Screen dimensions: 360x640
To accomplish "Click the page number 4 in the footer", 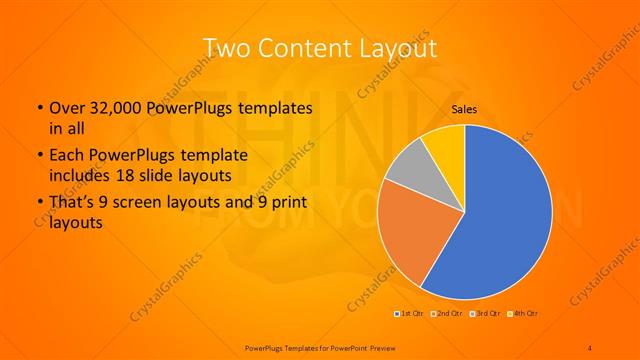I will [x=589, y=347].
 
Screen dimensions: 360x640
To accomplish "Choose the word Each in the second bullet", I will [x=67, y=156].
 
